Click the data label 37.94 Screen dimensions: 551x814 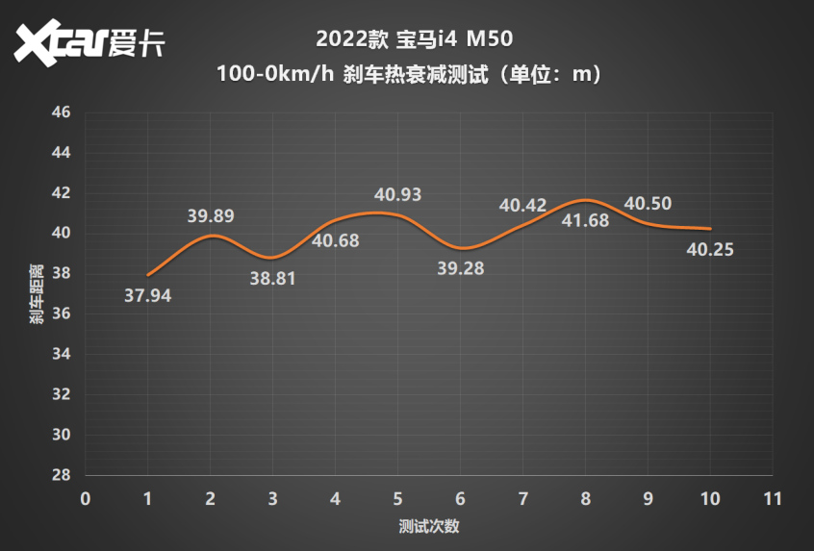coord(148,295)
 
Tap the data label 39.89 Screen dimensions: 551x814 coord(211,216)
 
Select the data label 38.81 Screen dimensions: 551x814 coord(272,280)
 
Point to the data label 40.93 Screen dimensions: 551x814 coord(398,195)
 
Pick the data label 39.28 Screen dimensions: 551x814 coord(461,268)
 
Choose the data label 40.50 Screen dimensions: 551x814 coord(648,204)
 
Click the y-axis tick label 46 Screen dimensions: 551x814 coord(62,113)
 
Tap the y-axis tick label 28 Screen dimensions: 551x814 coord(62,475)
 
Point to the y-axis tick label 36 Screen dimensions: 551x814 coord(62,314)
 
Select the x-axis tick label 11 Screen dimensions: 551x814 coord(772,499)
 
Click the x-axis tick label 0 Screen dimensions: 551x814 coord(86,499)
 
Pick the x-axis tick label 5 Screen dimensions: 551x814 coord(397,499)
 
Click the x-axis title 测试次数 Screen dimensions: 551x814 coord(428,527)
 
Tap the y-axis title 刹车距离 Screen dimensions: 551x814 coord(36,293)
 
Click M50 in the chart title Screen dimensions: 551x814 coord(490,40)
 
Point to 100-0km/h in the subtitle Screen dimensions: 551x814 coord(277,75)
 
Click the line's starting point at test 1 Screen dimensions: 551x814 coord(148,275)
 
